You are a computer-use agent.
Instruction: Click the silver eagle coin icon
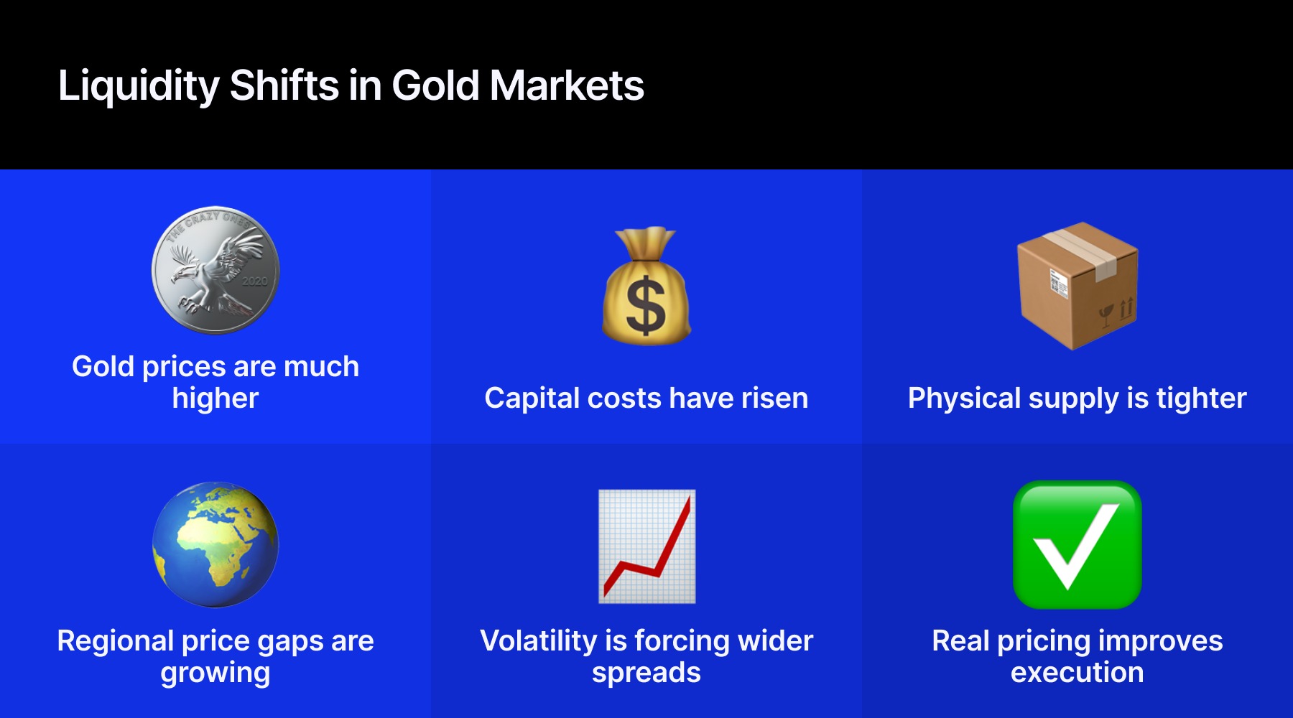tap(215, 271)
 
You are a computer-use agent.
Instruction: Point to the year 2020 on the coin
tap(254, 281)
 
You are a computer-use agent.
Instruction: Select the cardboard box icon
tap(1077, 287)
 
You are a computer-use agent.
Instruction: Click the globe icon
tap(215, 544)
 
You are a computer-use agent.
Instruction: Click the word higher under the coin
tap(215, 398)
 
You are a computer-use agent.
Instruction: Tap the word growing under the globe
tap(215, 673)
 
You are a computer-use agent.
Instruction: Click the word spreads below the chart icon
tap(646, 673)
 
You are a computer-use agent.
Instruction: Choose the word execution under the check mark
tap(1077, 673)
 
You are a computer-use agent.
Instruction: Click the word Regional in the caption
tap(114, 640)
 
